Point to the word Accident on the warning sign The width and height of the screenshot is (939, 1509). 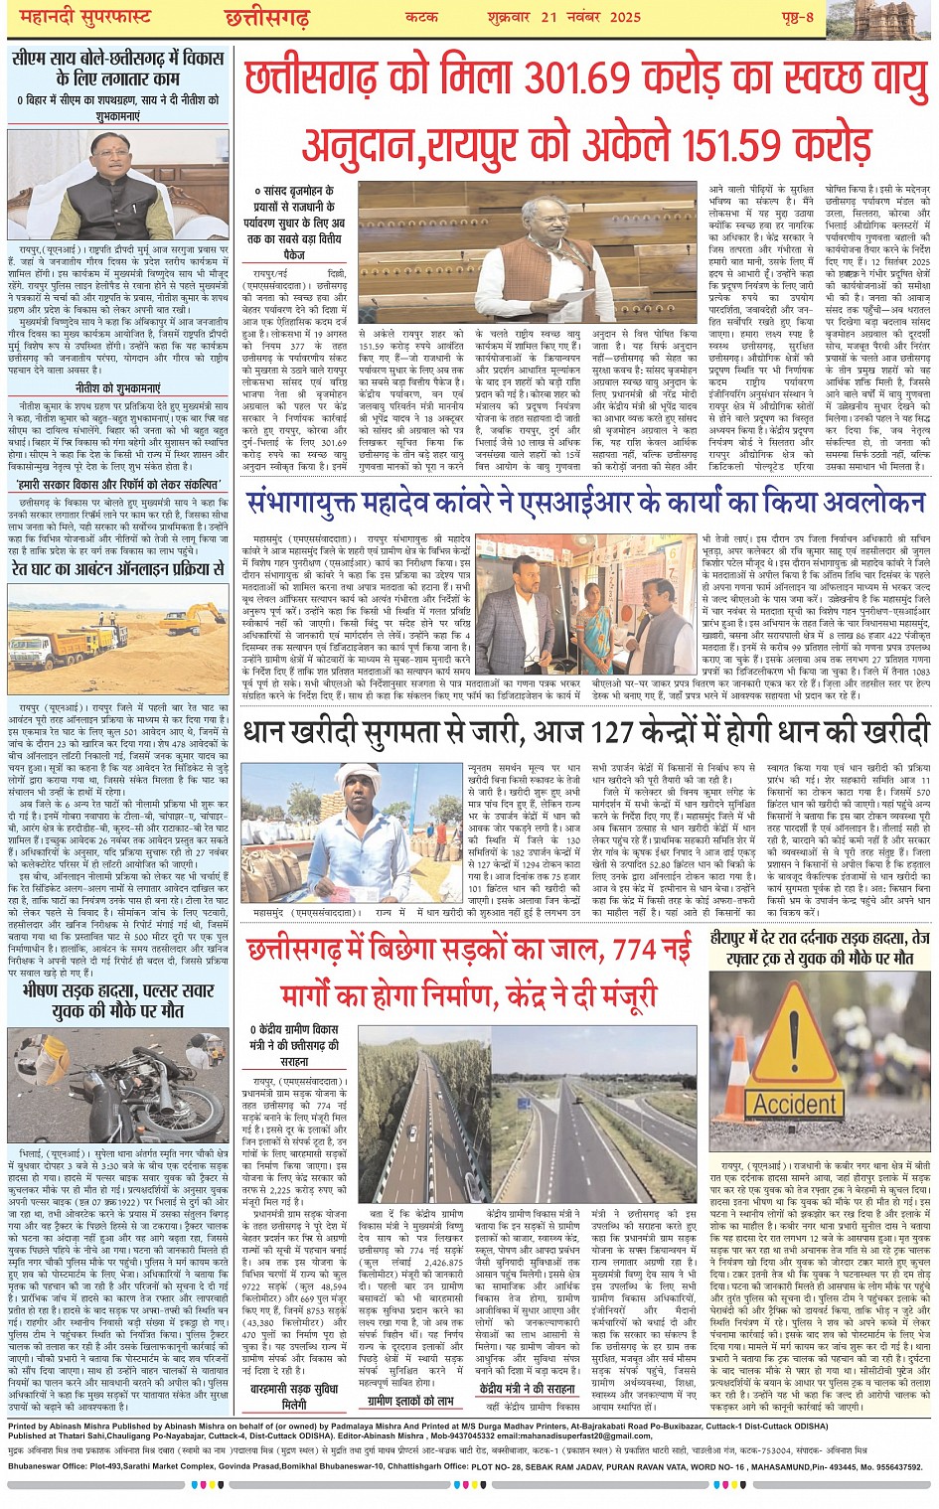(796, 1103)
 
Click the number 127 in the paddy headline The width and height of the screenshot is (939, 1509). (621, 732)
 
